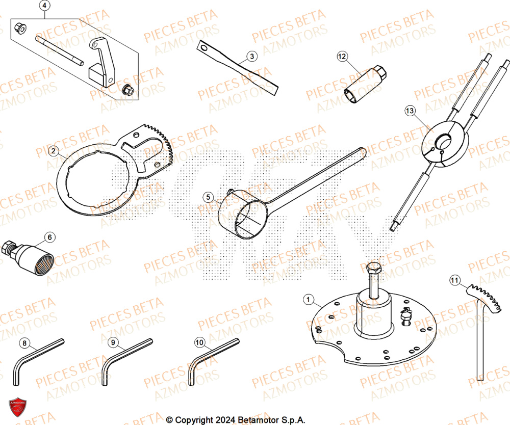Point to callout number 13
(411, 110)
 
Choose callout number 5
(207, 196)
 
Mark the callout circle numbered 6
(49, 237)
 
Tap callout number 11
(454, 279)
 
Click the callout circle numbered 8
(25, 343)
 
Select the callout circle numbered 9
(113, 343)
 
